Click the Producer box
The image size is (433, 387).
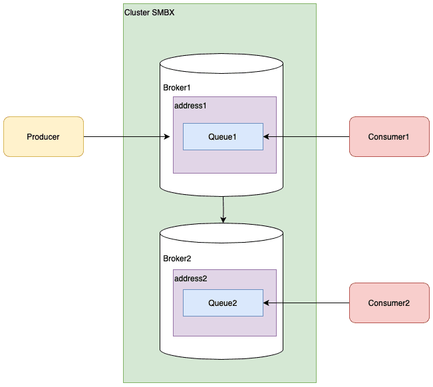tap(43, 137)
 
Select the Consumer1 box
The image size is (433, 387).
tap(389, 137)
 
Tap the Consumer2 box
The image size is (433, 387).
tap(389, 303)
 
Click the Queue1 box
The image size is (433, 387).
tap(223, 137)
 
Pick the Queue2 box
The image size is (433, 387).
tap(223, 303)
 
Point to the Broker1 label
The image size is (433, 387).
tap(177, 88)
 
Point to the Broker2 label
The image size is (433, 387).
tap(177, 257)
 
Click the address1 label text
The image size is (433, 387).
tap(190, 105)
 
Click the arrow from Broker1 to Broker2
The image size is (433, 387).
tap(223, 209)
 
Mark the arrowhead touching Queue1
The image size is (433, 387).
tap(267, 137)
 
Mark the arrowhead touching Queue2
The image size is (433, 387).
tap(267, 303)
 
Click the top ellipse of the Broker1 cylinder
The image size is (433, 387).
tap(221, 64)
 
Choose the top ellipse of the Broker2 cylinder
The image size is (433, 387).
tap(221, 233)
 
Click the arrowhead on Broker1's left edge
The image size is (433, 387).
tap(166, 137)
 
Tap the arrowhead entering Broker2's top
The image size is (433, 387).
tap(223, 220)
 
